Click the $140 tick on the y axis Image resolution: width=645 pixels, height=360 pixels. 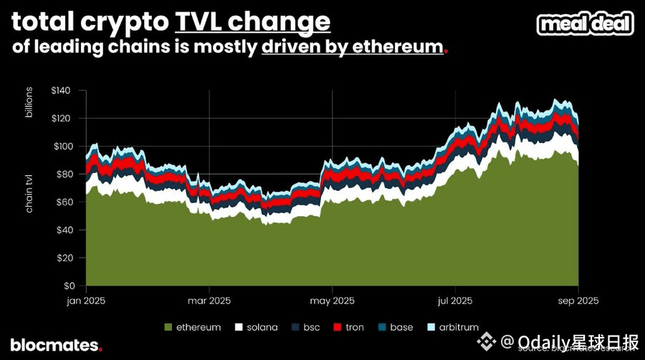coord(62,90)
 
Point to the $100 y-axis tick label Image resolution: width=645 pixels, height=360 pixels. coord(62,146)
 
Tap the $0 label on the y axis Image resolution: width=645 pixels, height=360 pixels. coord(69,286)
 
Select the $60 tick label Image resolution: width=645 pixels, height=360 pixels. coord(64,202)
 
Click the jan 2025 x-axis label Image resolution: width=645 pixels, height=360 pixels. coord(86,300)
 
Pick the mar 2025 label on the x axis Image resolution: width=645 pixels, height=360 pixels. coord(209,300)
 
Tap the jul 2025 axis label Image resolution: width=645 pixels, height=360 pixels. coord(454,300)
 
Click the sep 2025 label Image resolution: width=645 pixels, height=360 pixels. coord(578,300)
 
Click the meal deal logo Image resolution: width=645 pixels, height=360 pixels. coord(586,24)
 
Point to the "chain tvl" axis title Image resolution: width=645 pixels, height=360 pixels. coord(30,193)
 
